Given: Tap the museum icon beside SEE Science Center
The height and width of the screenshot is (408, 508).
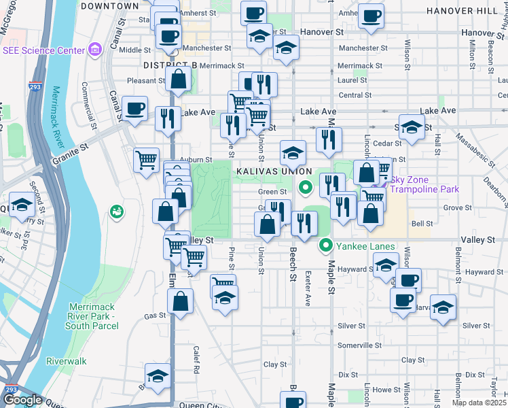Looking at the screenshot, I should [95, 50].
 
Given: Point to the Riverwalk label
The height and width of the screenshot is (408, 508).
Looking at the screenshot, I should [66, 361].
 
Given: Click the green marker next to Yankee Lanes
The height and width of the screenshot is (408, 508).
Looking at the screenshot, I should [325, 246].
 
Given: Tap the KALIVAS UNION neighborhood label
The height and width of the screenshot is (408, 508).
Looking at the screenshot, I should [274, 172].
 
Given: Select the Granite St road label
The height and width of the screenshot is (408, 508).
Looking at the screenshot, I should [71, 154].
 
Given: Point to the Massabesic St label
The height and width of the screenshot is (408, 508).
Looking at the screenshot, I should [457, 156].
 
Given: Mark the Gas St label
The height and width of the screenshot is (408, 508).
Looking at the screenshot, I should [156, 316].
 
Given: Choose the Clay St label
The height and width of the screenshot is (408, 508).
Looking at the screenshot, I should [275, 364].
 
